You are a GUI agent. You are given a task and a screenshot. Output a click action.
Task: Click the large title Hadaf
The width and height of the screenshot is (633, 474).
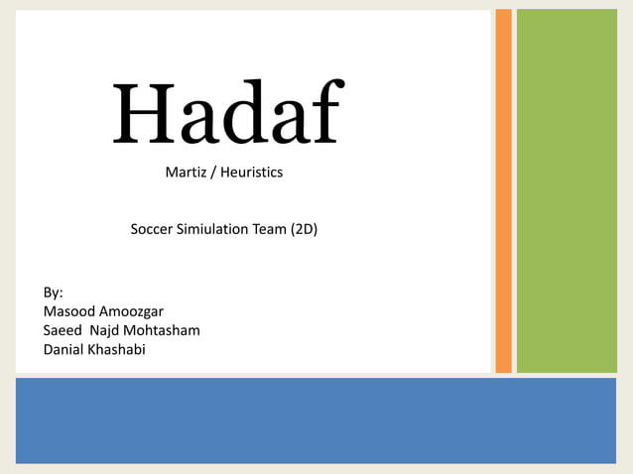(228, 112)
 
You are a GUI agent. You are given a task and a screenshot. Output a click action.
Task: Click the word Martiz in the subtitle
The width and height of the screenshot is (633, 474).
(186, 173)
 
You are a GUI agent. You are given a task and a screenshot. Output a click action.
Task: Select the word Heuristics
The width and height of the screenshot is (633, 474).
(251, 173)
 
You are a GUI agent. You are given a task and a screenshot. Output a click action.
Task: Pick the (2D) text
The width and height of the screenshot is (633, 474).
(304, 229)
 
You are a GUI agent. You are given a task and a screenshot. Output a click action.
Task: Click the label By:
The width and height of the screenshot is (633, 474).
(54, 293)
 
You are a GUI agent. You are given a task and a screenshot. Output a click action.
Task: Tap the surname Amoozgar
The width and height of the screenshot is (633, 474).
(131, 311)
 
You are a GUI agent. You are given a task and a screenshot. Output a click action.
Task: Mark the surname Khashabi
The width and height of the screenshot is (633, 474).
(119, 349)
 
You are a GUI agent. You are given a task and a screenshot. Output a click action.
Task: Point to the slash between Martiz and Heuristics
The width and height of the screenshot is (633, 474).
(213, 173)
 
